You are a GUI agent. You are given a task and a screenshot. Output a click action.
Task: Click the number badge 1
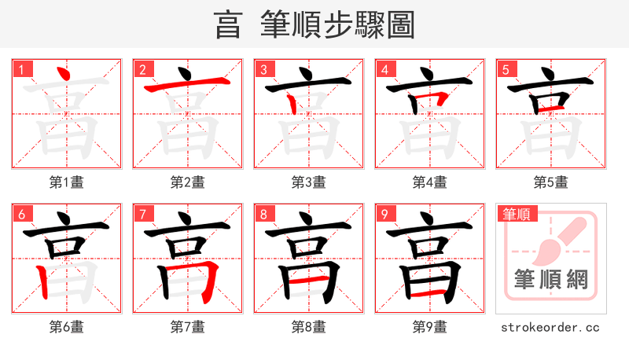point(21,68)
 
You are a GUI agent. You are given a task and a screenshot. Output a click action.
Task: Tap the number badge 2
point(142,68)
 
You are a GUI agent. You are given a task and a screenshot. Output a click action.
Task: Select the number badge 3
point(263,68)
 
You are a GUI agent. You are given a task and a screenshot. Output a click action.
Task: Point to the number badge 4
point(384,68)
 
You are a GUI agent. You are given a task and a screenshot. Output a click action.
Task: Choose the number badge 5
point(506,68)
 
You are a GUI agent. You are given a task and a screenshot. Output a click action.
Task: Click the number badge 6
point(21,213)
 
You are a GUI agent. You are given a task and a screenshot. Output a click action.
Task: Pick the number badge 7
point(142,213)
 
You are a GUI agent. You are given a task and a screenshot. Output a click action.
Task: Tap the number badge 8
point(263,213)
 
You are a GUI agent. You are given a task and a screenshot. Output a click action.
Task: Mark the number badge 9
point(384,213)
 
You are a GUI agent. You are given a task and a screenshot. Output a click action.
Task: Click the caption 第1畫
point(67,182)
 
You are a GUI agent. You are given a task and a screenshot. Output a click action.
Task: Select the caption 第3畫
point(309,182)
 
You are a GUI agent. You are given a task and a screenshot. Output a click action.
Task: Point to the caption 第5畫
point(551,182)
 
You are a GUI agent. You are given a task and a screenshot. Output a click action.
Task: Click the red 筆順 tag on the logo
point(516,213)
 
